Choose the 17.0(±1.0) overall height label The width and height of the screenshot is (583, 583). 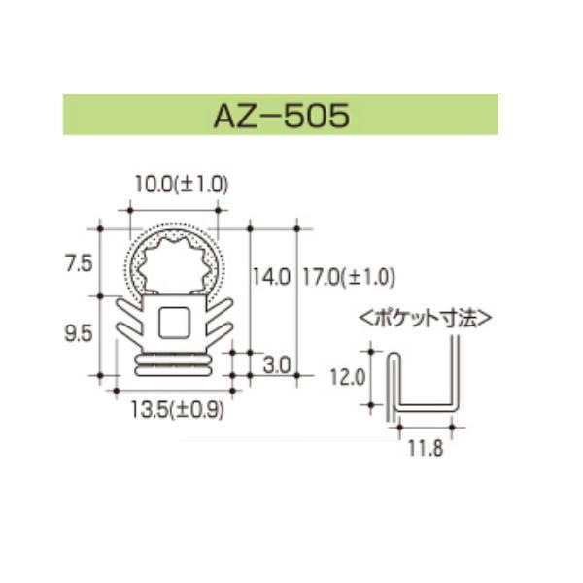click(x=346, y=278)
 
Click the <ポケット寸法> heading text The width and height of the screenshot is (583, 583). click(x=426, y=318)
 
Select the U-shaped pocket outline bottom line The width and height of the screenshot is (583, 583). click(x=424, y=401)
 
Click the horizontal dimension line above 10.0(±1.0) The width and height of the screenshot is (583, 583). click(x=173, y=208)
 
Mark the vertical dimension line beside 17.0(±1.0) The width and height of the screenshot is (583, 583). click(x=295, y=301)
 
